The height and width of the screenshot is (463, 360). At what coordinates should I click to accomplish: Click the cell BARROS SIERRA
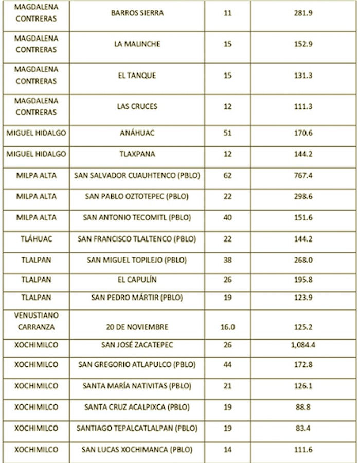point(137,13)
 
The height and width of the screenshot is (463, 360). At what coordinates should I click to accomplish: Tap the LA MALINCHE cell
point(137,44)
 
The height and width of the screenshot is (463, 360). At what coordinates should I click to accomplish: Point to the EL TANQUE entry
point(137,76)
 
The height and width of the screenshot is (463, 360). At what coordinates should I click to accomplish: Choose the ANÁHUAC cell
point(137,133)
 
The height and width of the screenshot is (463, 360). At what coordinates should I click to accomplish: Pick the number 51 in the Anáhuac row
point(227,133)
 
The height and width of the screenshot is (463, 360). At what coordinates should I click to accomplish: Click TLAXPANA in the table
point(137,154)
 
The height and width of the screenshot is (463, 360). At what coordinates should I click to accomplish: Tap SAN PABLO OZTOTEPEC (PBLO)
point(137,196)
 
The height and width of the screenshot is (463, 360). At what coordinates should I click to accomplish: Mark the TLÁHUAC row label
point(36,239)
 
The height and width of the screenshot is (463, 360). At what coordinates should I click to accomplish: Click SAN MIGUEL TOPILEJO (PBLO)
point(137,260)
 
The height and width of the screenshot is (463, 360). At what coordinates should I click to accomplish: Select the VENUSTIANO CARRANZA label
point(36,321)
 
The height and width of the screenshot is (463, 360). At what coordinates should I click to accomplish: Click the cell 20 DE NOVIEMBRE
point(137,327)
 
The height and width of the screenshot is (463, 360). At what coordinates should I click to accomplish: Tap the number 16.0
point(227,327)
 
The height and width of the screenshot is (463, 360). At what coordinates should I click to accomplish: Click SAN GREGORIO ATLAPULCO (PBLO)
point(137,365)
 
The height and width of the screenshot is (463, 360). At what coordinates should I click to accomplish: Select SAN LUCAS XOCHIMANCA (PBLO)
point(137,450)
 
